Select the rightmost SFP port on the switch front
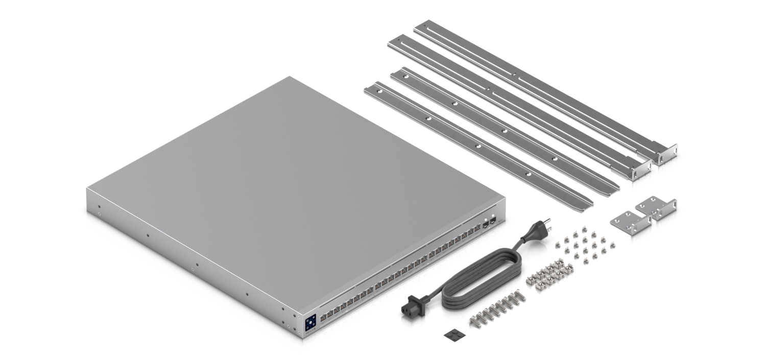pyautogui.click(x=493, y=220)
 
